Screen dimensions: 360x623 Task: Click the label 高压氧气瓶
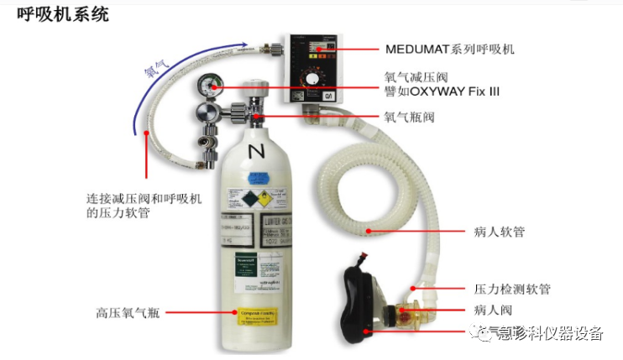pos(127,313)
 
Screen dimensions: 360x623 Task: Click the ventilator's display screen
pos(317,48)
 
